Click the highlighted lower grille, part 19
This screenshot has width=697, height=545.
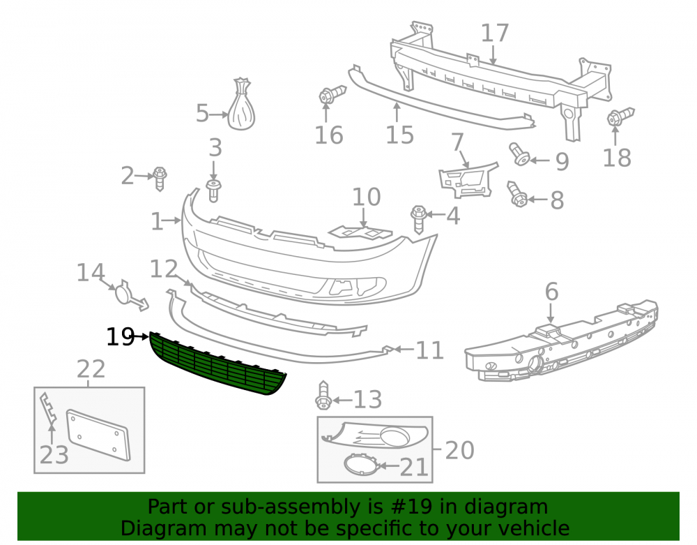point(217,364)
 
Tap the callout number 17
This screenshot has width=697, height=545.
point(495,33)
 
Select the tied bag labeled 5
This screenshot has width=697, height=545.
point(242,104)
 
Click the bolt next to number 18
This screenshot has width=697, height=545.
point(620,116)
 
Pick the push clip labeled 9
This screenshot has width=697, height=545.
point(519,154)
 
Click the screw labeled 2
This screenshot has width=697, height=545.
point(160,178)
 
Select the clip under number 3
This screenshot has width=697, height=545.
point(214,191)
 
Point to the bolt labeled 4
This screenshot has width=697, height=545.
point(418,219)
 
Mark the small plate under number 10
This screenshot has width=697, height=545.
point(360,232)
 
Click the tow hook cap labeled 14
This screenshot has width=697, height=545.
point(130,295)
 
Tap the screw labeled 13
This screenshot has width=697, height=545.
point(323,395)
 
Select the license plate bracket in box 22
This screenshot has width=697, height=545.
point(98,435)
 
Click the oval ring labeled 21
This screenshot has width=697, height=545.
point(361,465)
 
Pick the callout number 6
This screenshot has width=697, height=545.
point(551,292)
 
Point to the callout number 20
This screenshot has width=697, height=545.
point(459,450)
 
